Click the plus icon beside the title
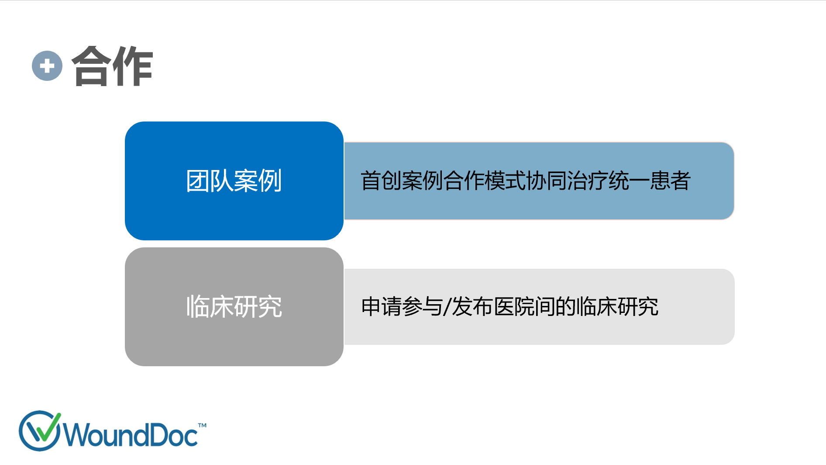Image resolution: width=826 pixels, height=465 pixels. point(47,66)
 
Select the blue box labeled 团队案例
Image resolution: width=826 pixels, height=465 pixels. point(234,181)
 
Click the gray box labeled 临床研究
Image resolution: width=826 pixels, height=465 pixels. point(234,307)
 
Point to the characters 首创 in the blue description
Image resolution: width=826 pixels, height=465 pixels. point(381,180)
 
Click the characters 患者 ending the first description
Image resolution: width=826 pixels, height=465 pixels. point(670,180)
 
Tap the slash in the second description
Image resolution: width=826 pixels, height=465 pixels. point(447,306)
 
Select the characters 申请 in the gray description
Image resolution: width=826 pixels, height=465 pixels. point(381,306)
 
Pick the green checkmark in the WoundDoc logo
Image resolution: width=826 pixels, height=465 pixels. point(45,427)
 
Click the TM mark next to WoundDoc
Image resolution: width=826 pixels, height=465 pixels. point(202,425)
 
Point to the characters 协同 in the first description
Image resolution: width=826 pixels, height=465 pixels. point(546,180)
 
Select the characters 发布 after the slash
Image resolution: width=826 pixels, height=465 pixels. point(472,306)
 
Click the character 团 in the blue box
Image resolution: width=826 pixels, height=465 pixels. point(198,181)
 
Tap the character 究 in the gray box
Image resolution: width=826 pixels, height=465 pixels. point(270,307)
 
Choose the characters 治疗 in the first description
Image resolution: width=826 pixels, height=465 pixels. point(588,180)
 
